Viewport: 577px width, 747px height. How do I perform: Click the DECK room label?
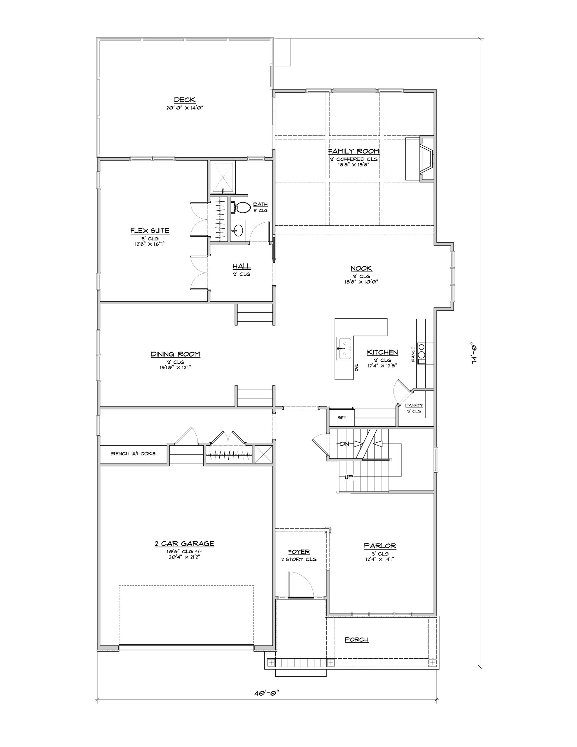(x=185, y=100)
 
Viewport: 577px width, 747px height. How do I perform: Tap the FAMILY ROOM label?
(x=354, y=151)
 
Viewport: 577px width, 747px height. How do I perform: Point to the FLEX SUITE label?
(x=150, y=231)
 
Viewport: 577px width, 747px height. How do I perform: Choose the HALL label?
(x=242, y=266)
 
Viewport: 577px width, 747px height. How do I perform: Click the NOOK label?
(x=361, y=268)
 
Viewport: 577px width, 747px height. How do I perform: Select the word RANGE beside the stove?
(x=413, y=354)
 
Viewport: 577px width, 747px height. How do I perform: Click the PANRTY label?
(x=414, y=405)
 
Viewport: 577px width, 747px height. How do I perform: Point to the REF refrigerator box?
(x=341, y=418)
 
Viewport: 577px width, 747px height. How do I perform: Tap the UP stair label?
(x=349, y=477)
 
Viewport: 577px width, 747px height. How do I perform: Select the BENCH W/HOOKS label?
(x=133, y=453)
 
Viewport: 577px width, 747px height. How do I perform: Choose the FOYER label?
(x=299, y=552)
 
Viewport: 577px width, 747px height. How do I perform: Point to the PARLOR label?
(x=380, y=546)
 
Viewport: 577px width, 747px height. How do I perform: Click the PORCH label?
(x=356, y=639)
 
